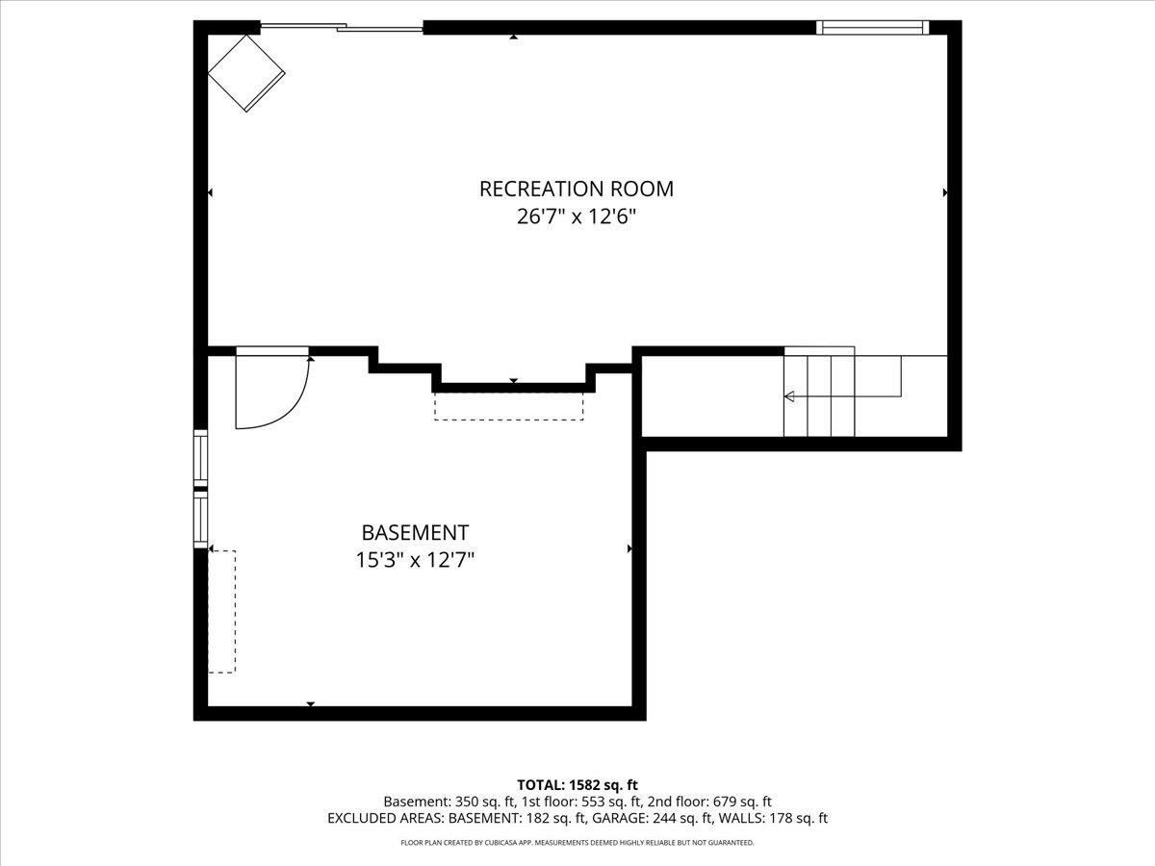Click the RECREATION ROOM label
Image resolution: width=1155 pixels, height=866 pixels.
[x=577, y=189]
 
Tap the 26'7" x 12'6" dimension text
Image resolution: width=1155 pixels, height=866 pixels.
[x=577, y=216]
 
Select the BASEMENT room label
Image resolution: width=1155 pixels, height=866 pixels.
[x=415, y=532]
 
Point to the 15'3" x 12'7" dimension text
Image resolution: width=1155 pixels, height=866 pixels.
[x=415, y=560]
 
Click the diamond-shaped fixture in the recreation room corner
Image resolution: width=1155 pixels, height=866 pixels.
[x=246, y=74]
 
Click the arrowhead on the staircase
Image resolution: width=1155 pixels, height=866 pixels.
[x=790, y=396]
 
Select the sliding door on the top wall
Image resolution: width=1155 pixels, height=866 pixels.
[x=342, y=28]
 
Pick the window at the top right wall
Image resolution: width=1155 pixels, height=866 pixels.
[x=872, y=28]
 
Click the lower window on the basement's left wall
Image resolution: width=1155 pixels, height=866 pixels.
[x=201, y=520]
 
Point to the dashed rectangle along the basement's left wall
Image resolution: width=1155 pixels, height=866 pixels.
[x=222, y=611]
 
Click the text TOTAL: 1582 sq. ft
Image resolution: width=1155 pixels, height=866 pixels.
[x=577, y=785]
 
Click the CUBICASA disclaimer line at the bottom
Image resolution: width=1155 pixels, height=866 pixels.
[x=577, y=843]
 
